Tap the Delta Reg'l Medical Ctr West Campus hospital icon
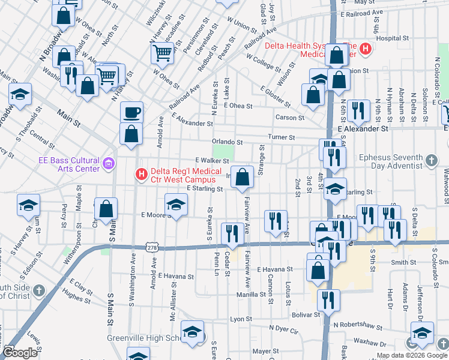click(x=142, y=175)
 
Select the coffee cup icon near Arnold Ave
click(x=131, y=112)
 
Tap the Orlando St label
click(x=227, y=142)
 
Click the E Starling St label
click(x=205, y=188)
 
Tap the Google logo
click(x=20, y=353)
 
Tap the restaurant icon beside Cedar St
click(x=232, y=233)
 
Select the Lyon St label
click(x=240, y=319)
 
